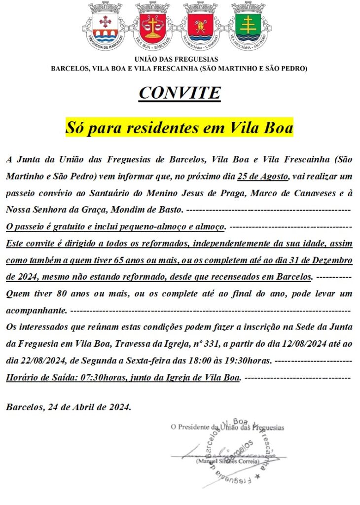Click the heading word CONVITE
tap(180, 93)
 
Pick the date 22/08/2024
tap(27, 361)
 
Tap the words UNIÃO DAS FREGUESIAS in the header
tap(180, 59)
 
